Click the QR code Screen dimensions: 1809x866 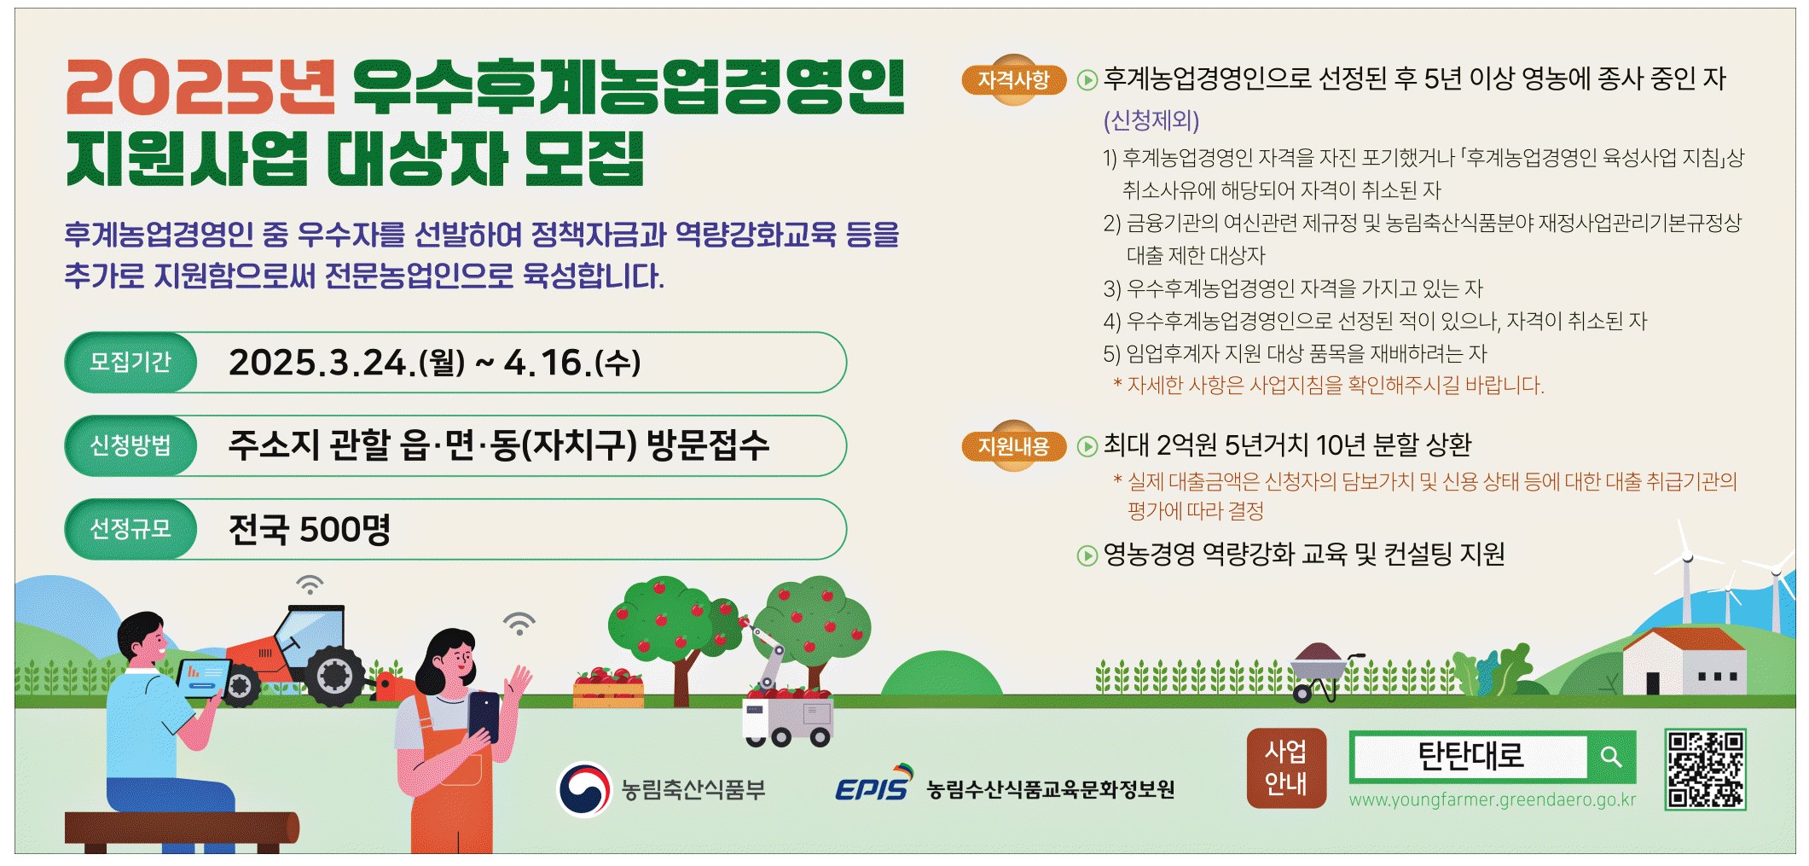1705,769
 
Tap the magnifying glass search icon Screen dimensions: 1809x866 1610,756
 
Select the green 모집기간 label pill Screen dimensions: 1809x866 131,363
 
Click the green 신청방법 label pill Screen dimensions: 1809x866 131,445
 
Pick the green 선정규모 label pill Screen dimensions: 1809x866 131,529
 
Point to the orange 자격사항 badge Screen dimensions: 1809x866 1013,80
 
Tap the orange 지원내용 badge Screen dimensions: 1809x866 1013,445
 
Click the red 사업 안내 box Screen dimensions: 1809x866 1286,768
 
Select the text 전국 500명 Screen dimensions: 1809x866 310,529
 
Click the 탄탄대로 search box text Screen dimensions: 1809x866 1470,756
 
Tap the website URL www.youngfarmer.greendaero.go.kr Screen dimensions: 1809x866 1493,800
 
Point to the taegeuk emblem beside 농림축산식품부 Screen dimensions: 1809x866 584,789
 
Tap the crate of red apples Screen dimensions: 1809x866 608,689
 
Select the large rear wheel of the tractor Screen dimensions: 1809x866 334,676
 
